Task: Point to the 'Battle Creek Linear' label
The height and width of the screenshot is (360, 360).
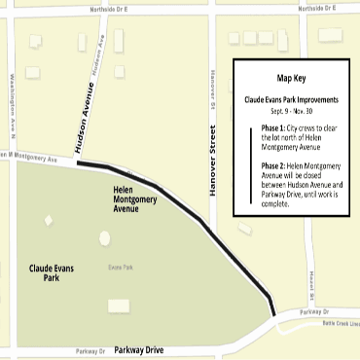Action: (x=337, y=322)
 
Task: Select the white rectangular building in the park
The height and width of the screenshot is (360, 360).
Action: (x=119, y=305)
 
